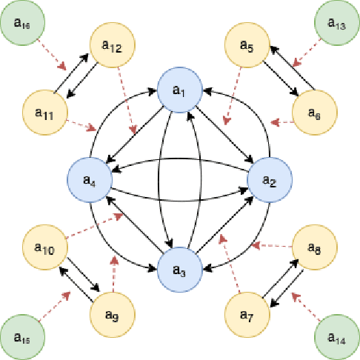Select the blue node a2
click(270, 179)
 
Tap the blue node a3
click(180, 270)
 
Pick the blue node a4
click(90, 179)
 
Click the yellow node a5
click(247, 46)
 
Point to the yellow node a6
click(315, 113)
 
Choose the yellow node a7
click(247, 313)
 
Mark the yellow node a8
click(315, 247)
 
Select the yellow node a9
click(113, 313)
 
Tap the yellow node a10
click(45, 247)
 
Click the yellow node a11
click(45, 113)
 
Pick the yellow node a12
click(113, 46)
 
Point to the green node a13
click(337, 24)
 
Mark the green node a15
click(23, 338)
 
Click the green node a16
click(23, 24)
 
